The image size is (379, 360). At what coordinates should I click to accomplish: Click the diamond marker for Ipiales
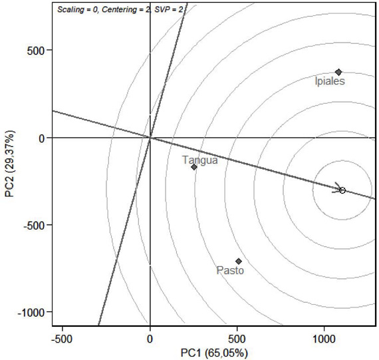(338, 72)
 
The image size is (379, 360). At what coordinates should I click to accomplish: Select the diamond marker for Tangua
(194, 166)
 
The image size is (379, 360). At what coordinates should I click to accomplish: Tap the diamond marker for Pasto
(239, 261)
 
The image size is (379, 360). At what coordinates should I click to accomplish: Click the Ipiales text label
(329, 81)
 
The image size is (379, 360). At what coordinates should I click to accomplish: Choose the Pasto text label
(230, 271)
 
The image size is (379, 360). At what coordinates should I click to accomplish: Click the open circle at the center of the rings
(342, 190)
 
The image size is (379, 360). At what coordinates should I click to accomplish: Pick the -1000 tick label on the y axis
(32, 312)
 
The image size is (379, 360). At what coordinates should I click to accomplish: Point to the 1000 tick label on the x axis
(324, 338)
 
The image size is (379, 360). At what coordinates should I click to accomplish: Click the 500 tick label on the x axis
(237, 338)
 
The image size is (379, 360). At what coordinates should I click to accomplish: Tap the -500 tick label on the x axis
(62, 338)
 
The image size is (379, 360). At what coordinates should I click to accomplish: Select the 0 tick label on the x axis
(150, 338)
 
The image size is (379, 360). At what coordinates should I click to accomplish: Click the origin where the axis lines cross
(150, 138)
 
